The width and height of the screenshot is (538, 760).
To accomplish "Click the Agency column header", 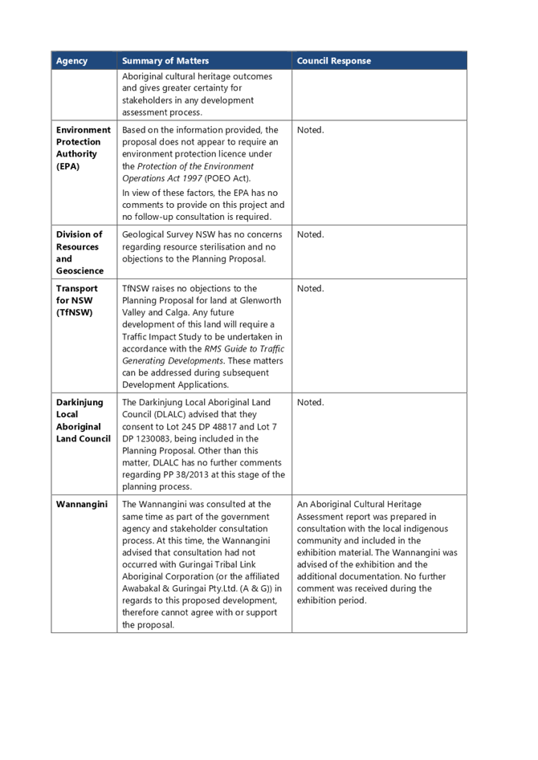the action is [71, 61].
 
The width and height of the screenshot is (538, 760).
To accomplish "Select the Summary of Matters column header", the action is [165, 61].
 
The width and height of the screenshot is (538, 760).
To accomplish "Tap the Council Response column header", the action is [334, 61].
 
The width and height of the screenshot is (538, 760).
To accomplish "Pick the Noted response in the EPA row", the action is [309, 130].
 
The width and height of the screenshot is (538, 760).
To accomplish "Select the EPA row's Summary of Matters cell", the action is [202, 173].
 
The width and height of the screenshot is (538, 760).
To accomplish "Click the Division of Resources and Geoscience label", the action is [79, 253].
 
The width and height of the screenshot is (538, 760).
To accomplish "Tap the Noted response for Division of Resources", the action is [309, 234].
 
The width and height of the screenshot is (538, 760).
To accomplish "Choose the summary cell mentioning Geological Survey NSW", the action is [202, 247].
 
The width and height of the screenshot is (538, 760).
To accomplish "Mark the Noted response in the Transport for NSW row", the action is [309, 289].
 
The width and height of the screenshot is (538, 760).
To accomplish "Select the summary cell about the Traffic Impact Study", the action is [202, 336].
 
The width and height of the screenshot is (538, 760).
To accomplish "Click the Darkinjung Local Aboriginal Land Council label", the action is [83, 421].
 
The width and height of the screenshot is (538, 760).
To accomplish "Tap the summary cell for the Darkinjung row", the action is [202, 444].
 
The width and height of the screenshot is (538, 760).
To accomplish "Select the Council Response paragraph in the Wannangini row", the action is [377, 552].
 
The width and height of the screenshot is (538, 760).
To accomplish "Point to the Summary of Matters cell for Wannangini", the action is [202, 564].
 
